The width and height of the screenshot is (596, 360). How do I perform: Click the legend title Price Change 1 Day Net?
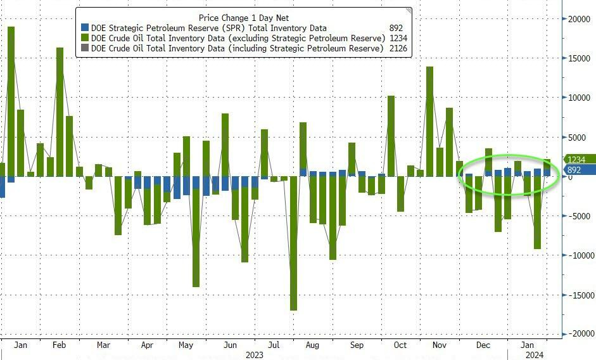tap(243, 18)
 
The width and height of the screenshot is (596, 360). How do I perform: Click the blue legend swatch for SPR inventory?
tap(85, 28)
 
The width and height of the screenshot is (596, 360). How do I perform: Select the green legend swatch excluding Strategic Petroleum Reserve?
tap(85, 38)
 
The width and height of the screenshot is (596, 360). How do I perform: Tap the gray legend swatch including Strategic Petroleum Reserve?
tap(85, 48)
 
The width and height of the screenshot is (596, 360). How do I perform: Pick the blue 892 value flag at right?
tap(575, 170)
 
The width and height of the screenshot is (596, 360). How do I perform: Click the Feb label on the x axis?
tap(59, 345)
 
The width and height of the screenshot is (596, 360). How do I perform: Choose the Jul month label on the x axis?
tap(274, 345)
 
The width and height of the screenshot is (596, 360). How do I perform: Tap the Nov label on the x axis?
tap(439, 345)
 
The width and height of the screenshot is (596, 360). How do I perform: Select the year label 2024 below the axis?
tap(534, 355)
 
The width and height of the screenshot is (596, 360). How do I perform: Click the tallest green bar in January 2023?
tap(11, 101)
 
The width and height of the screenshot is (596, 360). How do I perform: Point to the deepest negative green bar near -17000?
tap(294, 244)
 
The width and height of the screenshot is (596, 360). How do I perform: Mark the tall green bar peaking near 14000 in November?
tap(429, 120)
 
